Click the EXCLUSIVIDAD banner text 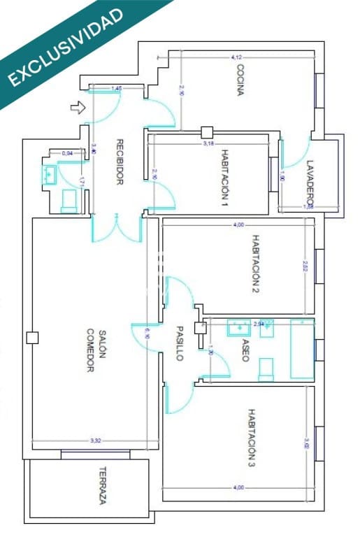point(66,47)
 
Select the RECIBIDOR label point(120,162)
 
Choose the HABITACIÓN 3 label point(251,438)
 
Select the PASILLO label point(179,343)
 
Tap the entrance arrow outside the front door point(78,108)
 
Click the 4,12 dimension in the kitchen point(236,57)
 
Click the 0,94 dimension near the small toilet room point(68,152)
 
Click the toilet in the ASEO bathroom point(266,369)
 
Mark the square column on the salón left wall point(31,338)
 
